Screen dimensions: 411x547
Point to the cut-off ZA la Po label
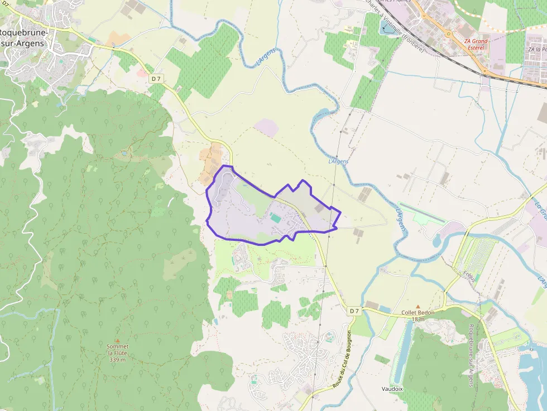coord(537,49)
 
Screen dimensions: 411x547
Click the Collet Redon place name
coord(418,313)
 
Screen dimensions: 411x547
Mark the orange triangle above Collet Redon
coord(418,306)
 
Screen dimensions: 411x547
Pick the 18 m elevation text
coord(418,320)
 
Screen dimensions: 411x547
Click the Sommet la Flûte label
coord(117,350)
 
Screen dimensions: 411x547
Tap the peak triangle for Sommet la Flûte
coord(117,340)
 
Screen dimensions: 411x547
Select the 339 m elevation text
coord(117,360)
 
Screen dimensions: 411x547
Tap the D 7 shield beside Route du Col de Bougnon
coord(355,311)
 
